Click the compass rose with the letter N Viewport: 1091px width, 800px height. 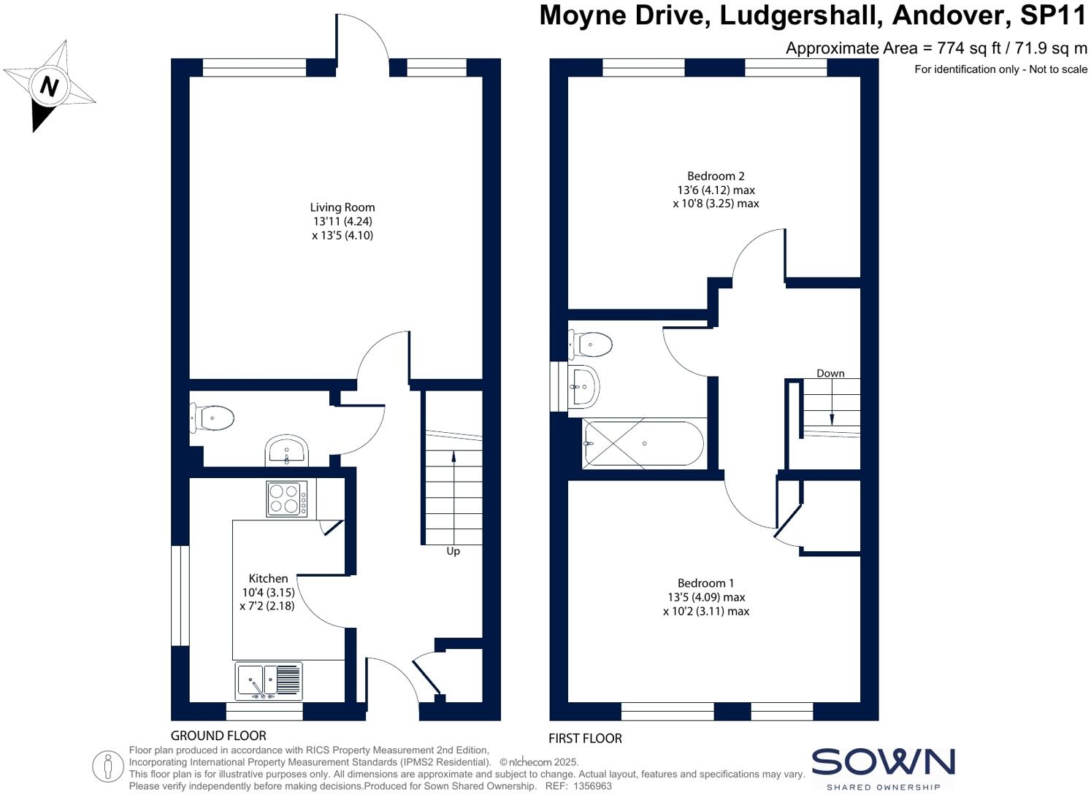click(x=49, y=86)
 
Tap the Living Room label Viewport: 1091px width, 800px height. click(x=342, y=207)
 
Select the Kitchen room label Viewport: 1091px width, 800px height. click(x=268, y=578)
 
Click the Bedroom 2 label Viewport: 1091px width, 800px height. click(x=716, y=176)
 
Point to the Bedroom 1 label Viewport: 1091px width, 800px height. click(x=705, y=582)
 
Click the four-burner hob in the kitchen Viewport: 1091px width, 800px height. click(x=287, y=499)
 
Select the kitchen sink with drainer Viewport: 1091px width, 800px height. click(x=269, y=680)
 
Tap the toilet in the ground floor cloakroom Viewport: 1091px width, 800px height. click(x=213, y=418)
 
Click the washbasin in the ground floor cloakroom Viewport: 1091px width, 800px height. click(x=287, y=450)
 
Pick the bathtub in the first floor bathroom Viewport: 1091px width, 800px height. click(x=643, y=443)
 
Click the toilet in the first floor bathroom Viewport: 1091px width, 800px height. click(x=591, y=343)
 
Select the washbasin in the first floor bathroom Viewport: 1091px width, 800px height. click(x=584, y=385)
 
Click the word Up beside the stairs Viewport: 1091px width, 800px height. click(x=453, y=551)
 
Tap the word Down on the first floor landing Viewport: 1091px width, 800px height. click(x=830, y=373)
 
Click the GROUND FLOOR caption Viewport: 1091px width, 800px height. click(x=218, y=736)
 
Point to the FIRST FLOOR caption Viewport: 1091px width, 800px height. click(x=585, y=738)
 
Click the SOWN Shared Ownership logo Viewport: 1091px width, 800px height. click(x=883, y=769)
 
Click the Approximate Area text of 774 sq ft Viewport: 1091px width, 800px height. click(x=936, y=49)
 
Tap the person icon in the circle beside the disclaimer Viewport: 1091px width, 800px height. click(x=108, y=766)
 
